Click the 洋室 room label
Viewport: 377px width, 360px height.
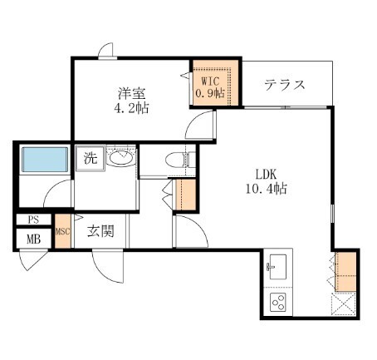pos(126,92)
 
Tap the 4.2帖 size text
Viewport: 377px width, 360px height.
pos(131,108)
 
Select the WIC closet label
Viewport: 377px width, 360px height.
pos(210,81)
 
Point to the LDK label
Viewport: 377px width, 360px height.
pos(266,175)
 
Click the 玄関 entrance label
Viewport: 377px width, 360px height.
pos(101,231)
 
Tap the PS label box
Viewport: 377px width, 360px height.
pos(33,220)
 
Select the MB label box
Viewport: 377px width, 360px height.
pos(33,239)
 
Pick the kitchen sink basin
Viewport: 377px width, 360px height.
pos(277,269)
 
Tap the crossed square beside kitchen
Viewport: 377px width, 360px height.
pos(345,303)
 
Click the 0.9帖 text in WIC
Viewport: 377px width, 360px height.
pos(210,94)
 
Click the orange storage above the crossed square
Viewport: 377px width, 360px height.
pos(345,270)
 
